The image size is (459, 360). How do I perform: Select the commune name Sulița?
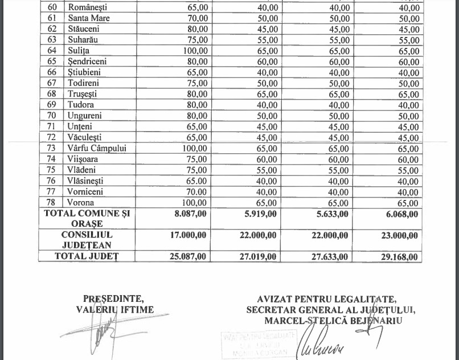81,51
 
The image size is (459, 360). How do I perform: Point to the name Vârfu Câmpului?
97,148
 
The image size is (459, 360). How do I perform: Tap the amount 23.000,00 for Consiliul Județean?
399,235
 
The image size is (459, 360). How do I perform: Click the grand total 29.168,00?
399,257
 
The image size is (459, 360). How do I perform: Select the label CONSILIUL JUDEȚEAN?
87,240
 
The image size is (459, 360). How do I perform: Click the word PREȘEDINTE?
113,298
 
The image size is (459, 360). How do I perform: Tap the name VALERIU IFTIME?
114,309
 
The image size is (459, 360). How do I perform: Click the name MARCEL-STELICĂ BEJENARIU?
333,320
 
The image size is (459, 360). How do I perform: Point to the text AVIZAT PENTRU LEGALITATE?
326,299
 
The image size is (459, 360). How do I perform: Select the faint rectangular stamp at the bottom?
260,343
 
